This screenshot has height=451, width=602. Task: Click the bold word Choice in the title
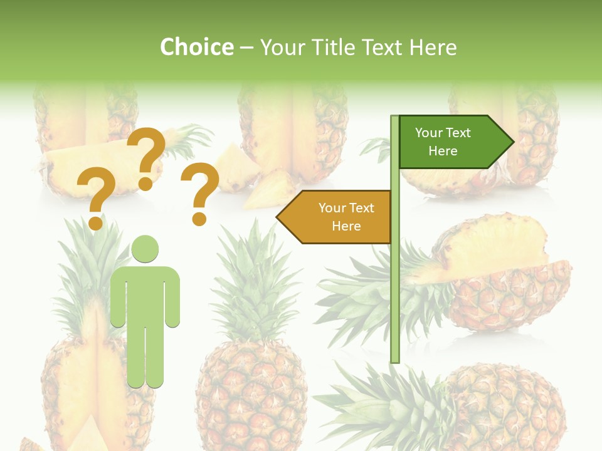click(x=196, y=47)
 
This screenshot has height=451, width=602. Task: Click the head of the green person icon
click(x=145, y=249)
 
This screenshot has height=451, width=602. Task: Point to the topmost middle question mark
click(x=146, y=157)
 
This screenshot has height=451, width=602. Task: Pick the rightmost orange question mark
click(x=200, y=193)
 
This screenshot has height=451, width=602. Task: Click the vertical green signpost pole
click(x=395, y=282)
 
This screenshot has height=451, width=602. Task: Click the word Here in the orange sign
click(x=346, y=226)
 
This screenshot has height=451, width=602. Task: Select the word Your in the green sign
click(x=430, y=133)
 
